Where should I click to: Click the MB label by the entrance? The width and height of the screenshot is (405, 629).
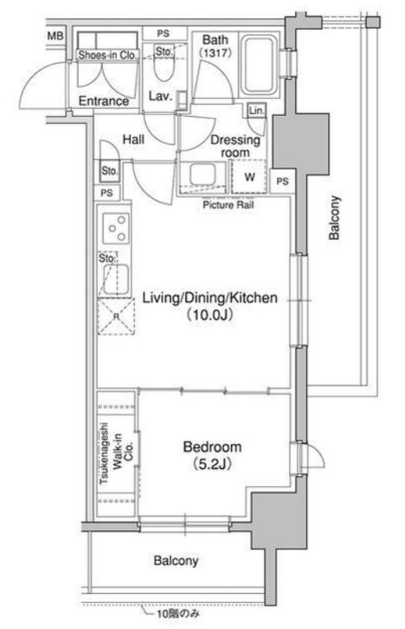point(56,36)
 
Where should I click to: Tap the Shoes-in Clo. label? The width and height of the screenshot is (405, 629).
point(108,55)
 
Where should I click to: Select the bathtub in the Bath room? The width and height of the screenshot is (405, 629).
point(259,66)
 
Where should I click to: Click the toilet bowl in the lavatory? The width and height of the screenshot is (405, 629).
point(163,67)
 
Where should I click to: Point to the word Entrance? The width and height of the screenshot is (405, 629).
point(104,101)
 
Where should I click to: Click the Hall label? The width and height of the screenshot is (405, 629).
point(133,140)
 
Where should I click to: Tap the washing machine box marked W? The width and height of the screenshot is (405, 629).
point(250,177)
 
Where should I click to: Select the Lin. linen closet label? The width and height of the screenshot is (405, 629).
point(257,111)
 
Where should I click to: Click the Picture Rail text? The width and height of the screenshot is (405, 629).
point(228,205)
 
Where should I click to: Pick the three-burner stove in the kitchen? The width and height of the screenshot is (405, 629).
point(116,229)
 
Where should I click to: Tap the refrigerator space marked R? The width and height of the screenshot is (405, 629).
point(116,317)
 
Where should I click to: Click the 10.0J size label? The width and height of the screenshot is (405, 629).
point(210,315)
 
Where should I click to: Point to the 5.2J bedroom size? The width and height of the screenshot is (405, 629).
point(212,464)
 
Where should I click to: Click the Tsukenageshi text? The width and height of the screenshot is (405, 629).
point(104,453)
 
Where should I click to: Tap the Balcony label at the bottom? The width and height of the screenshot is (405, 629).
point(176,561)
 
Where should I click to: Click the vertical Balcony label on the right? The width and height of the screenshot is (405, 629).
point(334,218)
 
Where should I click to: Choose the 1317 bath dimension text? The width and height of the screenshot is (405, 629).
point(215,53)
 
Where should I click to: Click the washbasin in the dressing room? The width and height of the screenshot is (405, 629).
point(202,175)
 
